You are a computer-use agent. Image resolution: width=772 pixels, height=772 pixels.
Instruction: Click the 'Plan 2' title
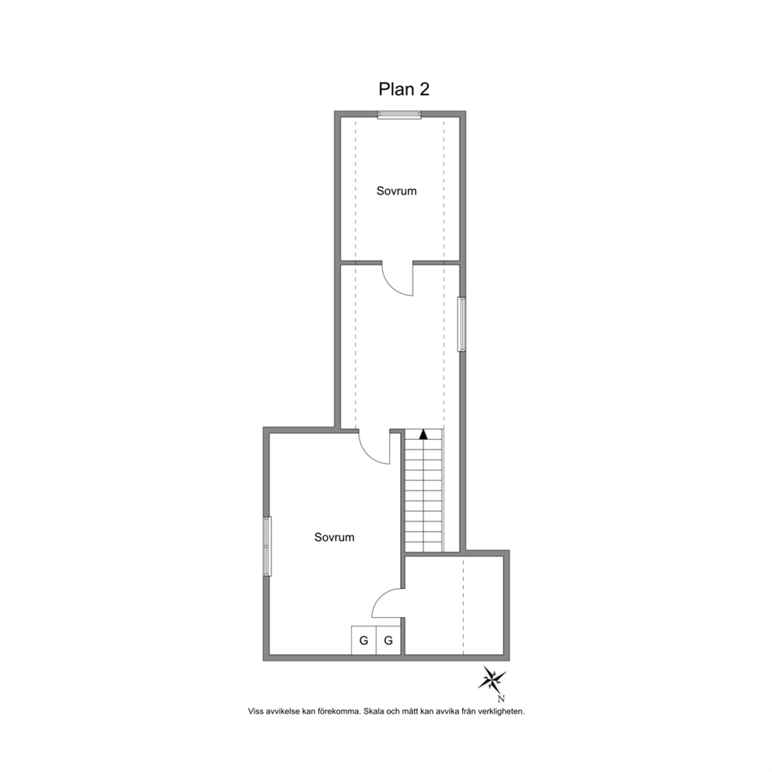404,89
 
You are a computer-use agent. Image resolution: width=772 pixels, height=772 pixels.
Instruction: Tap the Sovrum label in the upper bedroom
396,191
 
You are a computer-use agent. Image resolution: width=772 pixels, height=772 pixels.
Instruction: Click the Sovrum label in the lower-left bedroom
335,537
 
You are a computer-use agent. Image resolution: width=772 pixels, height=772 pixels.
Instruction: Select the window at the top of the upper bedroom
399,114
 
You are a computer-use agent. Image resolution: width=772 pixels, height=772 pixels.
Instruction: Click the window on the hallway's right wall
461,324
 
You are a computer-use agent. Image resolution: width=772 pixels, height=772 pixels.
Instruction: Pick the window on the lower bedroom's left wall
267,546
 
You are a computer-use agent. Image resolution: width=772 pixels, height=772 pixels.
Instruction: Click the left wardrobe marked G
364,640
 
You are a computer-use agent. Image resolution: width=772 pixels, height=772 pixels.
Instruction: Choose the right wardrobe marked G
388,640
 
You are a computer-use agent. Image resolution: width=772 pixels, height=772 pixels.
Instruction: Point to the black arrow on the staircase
423,434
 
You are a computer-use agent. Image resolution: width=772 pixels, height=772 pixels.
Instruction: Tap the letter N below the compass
501,698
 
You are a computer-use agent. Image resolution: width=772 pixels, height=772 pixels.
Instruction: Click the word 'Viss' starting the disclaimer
255,711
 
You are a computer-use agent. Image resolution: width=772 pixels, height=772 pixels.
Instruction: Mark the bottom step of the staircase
424,547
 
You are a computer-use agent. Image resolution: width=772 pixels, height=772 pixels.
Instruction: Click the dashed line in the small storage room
463,605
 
